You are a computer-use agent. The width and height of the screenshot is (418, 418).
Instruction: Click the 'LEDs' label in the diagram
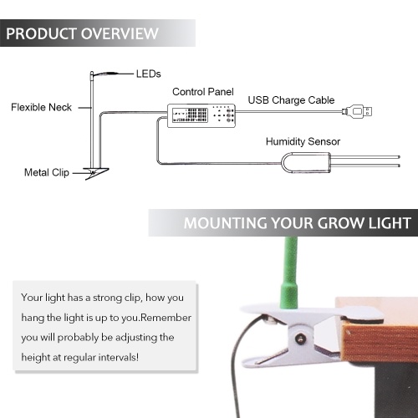tap(148, 74)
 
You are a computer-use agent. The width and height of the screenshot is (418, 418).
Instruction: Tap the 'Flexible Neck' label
tap(41, 107)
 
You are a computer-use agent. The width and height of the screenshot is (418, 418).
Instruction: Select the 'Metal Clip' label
tap(47, 172)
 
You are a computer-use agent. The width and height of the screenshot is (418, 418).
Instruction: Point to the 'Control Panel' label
tap(203, 92)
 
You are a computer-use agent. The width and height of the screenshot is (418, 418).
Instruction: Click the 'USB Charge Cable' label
tap(291, 100)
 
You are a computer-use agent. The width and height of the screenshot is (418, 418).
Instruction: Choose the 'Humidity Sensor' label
tap(303, 141)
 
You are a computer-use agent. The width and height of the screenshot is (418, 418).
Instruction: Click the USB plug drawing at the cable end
tap(358, 111)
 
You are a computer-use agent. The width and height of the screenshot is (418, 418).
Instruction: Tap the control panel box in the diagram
tap(201, 115)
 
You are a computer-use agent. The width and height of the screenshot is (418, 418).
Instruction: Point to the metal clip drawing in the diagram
tap(96, 173)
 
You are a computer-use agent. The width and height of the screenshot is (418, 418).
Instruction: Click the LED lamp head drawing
tap(105, 74)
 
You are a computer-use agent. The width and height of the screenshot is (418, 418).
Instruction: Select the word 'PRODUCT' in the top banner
tap(42, 33)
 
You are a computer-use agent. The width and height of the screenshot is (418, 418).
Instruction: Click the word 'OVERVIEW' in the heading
tap(120, 33)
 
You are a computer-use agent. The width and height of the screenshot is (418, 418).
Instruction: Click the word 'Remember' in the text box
tap(166, 318)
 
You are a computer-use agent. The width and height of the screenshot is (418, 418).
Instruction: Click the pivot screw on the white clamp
tap(301, 339)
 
